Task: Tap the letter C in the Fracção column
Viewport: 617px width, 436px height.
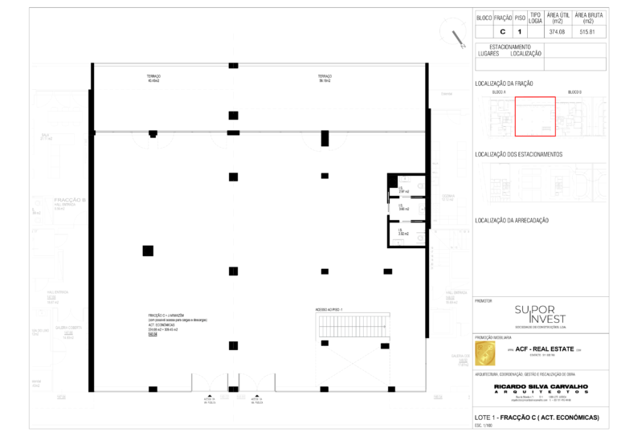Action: point(503,32)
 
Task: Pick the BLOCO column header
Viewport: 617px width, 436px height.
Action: point(484,17)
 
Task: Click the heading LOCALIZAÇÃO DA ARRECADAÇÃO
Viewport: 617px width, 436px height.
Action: point(512,220)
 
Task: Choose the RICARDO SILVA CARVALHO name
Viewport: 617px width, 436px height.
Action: point(541,385)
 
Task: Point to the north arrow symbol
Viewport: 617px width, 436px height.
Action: point(459,37)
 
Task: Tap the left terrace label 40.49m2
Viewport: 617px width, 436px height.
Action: point(154,79)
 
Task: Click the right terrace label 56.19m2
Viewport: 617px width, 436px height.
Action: point(325,79)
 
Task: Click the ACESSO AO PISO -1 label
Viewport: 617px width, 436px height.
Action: point(329,309)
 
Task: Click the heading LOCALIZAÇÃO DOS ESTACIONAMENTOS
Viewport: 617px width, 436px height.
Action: point(519,153)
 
